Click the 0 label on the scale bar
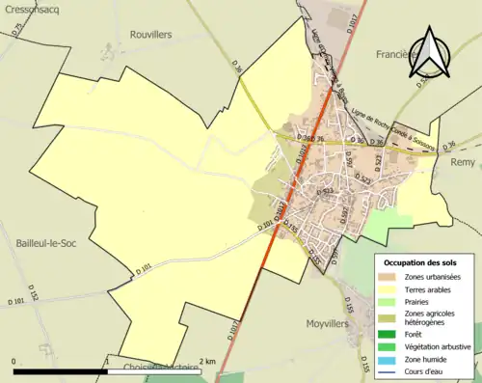tap(15, 363)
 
